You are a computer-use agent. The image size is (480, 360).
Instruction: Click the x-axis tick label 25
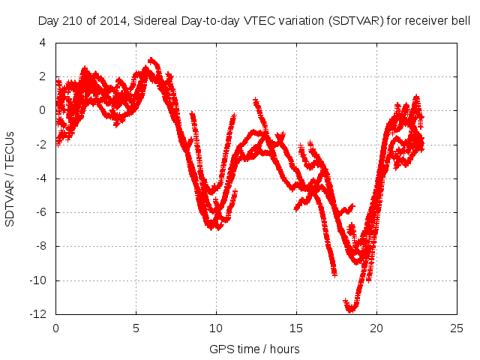(x=457, y=328)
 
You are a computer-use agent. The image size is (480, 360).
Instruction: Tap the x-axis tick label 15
(x=296, y=328)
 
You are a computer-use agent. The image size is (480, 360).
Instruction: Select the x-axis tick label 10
(x=216, y=328)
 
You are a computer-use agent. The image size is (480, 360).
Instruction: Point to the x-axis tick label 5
(x=136, y=328)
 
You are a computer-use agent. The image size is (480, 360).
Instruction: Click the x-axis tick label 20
(x=376, y=328)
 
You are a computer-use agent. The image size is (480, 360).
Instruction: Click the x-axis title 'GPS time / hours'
(x=255, y=349)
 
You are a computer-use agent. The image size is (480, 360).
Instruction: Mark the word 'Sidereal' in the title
(x=156, y=22)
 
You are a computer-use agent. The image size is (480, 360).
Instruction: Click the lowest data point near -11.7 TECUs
(x=350, y=308)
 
